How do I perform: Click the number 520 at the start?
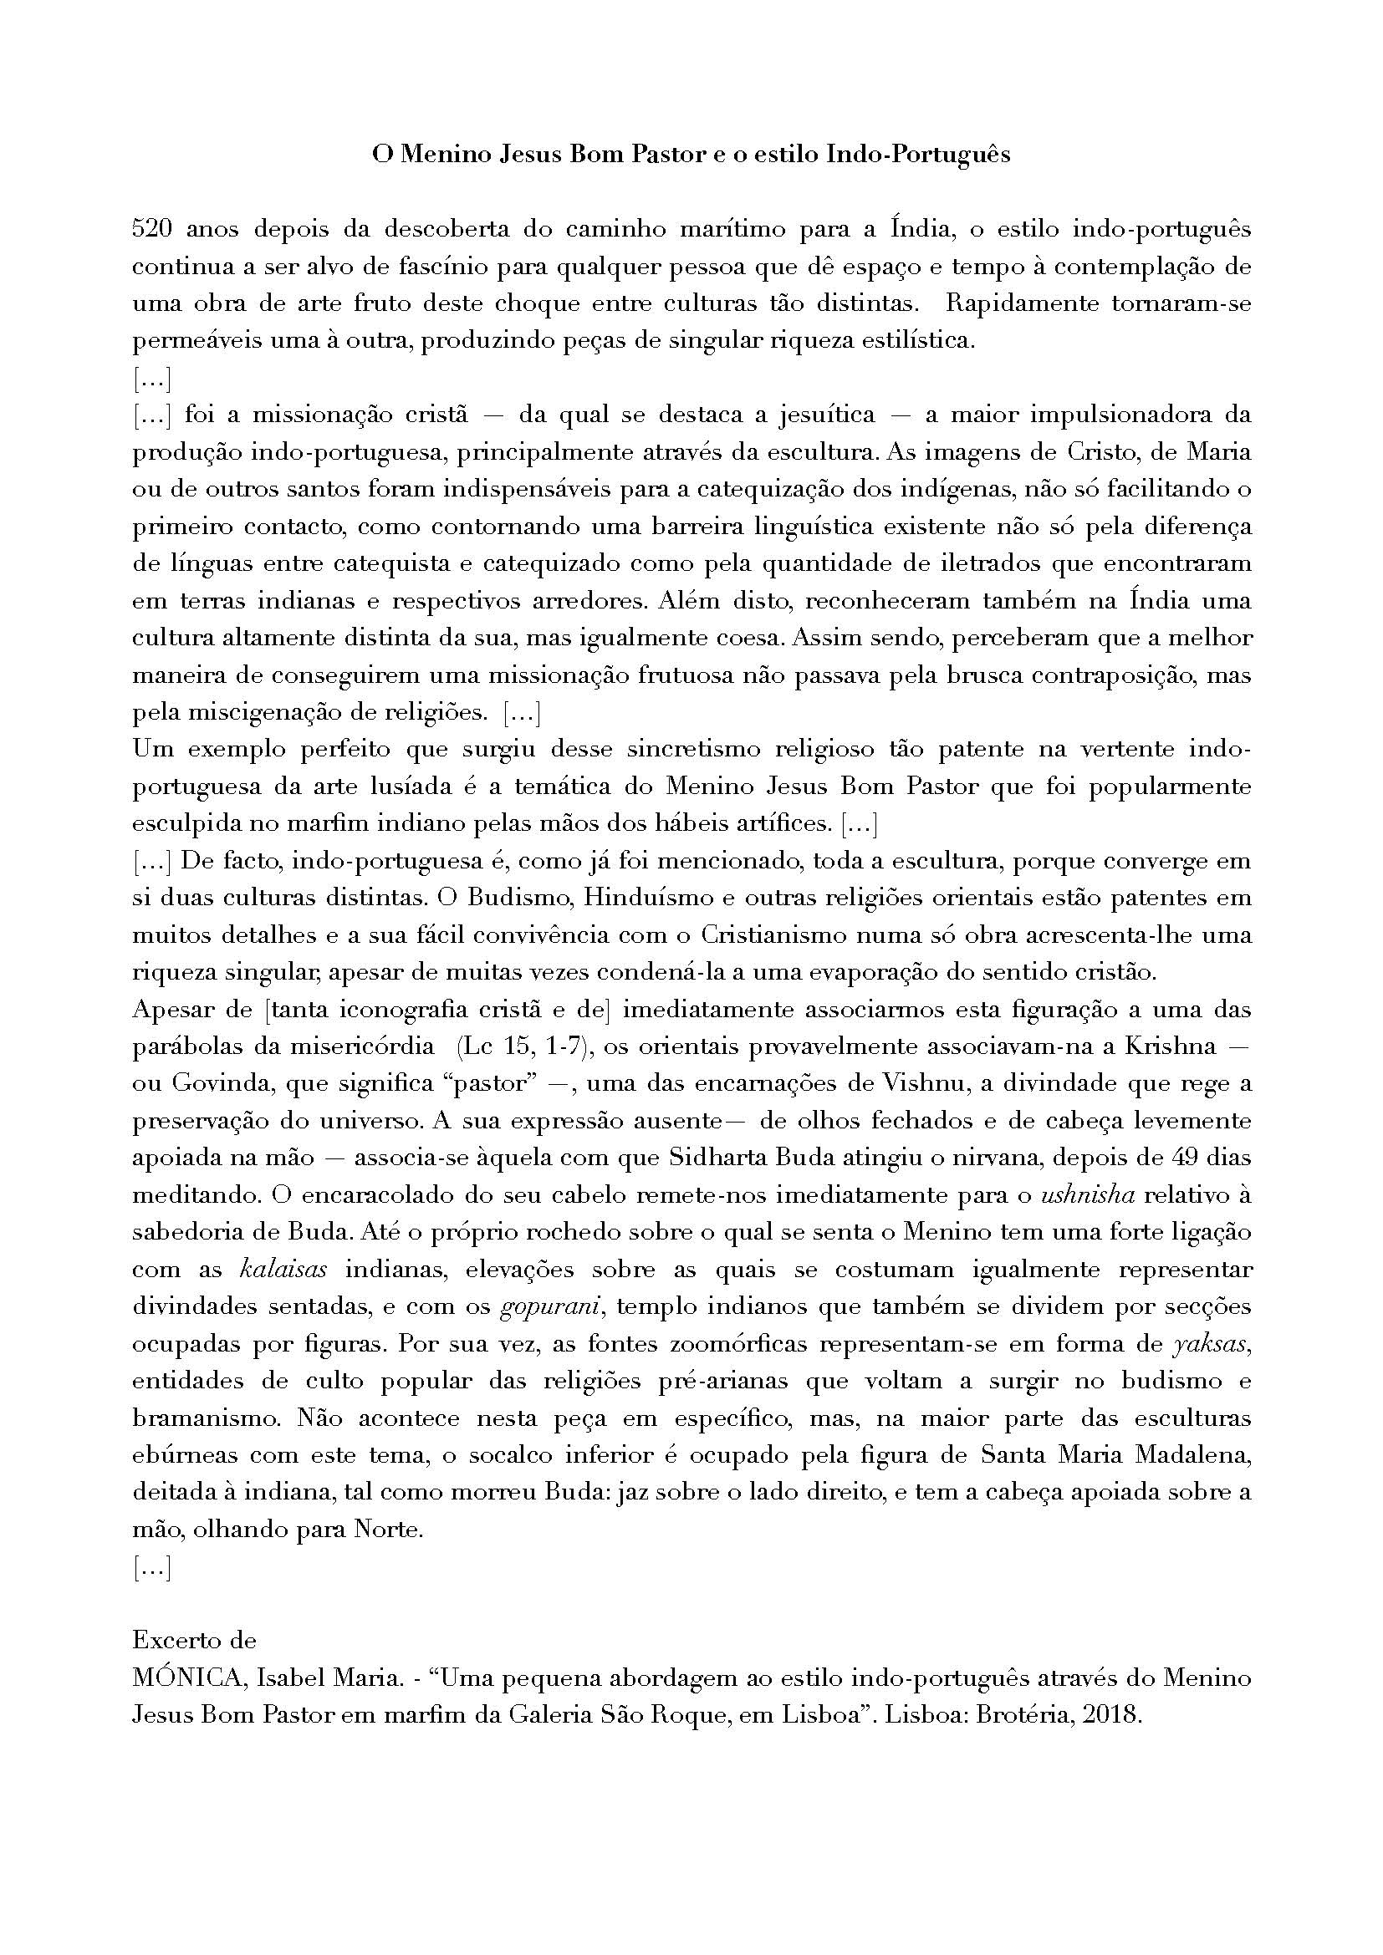151,230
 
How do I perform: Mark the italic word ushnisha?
1089,1195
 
